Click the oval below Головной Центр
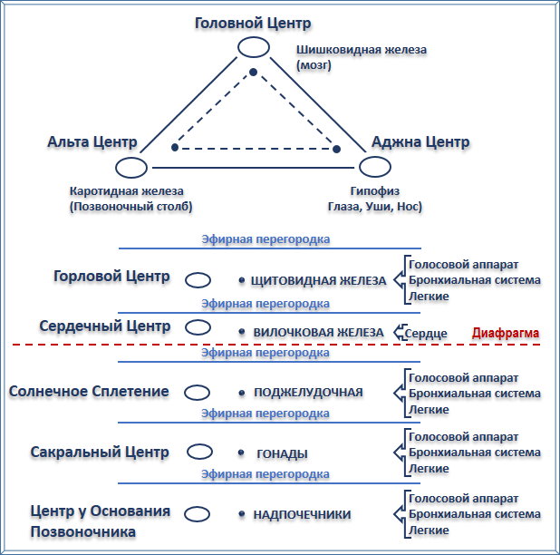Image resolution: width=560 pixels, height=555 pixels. [x=253, y=47]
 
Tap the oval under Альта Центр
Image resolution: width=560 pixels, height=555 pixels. [x=132, y=167]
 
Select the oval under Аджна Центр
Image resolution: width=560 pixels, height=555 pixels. [x=374, y=167]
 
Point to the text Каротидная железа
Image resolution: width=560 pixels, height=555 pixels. [x=126, y=191]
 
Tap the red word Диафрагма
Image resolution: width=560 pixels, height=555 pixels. [x=507, y=333]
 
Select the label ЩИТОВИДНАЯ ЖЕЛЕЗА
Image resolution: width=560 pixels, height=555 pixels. [x=318, y=281]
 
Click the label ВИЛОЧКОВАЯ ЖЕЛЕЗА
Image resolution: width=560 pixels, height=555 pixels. [x=317, y=333]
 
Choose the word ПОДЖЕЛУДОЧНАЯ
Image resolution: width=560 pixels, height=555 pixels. [x=308, y=393]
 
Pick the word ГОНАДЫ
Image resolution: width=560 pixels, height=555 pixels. [x=281, y=453]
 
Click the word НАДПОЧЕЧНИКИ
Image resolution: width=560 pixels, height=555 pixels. [x=302, y=515]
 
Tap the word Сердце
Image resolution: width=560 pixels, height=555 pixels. [x=426, y=334]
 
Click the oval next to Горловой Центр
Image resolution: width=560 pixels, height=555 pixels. [x=198, y=281]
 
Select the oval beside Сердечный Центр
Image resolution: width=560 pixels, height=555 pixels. [x=198, y=327]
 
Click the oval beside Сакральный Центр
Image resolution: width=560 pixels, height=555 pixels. [x=198, y=451]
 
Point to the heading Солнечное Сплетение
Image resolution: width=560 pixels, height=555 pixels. [x=89, y=391]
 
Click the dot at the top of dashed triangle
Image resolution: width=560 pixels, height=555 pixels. [x=254, y=72]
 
